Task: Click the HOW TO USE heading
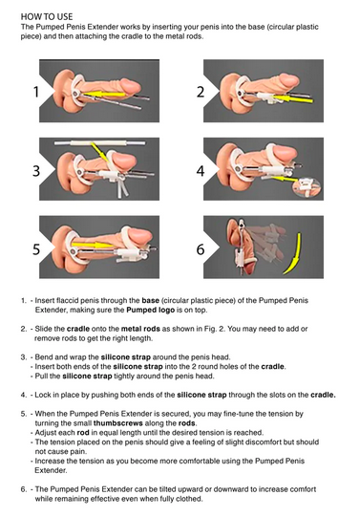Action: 47,16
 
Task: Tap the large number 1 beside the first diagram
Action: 36,92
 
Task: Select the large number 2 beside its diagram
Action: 201,92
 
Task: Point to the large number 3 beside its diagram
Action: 36,171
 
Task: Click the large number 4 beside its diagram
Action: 201,171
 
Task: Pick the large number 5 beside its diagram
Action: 36,248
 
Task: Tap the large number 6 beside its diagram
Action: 201,248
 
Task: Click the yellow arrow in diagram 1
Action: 104,95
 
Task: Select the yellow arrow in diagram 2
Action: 292,98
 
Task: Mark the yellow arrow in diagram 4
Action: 285,179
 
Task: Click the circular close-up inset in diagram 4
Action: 307,187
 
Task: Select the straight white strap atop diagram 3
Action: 100,143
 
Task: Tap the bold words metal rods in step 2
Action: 140,329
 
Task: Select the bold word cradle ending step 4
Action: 323,395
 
